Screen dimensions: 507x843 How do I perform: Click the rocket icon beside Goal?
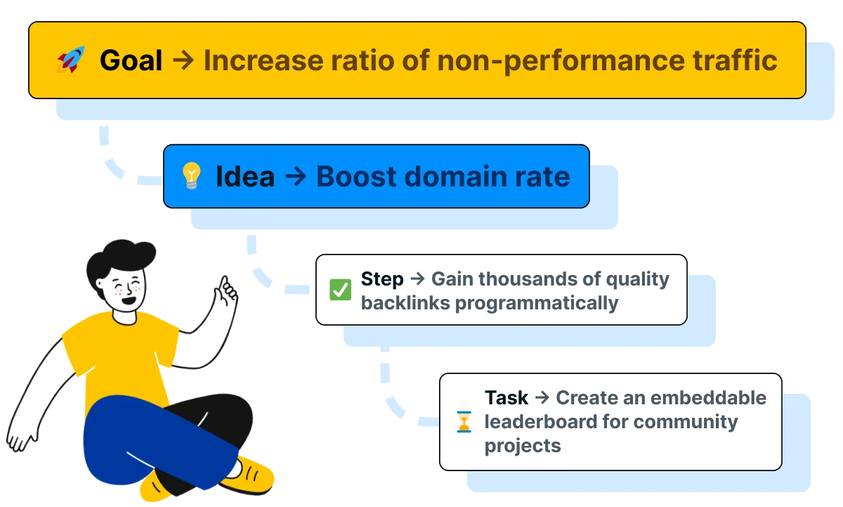[71, 60]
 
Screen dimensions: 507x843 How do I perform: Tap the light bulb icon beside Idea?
[191, 176]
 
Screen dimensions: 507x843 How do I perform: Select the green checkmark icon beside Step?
[340, 290]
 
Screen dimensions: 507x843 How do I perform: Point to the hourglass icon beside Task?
[464, 422]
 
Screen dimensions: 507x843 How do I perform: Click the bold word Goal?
[131, 60]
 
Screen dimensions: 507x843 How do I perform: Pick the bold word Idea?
[244, 176]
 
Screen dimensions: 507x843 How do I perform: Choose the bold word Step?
[382, 279]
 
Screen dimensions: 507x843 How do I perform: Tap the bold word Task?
[506, 398]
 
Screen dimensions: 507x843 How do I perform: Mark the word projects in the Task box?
[523, 446]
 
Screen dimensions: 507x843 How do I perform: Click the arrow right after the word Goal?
[183, 60]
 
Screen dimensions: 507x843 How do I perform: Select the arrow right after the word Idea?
[296, 176]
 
